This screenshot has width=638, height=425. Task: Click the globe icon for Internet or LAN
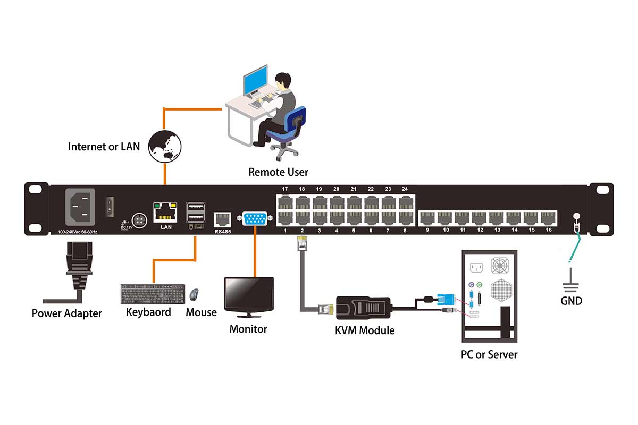coord(165,146)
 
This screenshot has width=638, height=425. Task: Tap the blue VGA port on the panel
coord(255,218)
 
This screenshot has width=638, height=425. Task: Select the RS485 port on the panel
coord(222,219)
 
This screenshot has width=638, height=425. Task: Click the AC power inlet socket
coord(80,206)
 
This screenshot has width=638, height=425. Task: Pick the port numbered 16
coord(548,217)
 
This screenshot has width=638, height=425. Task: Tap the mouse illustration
coord(195,294)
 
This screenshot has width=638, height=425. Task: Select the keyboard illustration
coord(153,293)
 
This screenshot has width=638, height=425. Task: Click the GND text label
coord(571,301)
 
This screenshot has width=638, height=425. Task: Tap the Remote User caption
coord(278,172)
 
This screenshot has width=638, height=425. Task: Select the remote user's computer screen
coord(255,81)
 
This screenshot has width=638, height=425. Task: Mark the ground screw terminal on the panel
coord(575,216)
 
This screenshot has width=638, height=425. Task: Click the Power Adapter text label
coord(67,313)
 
